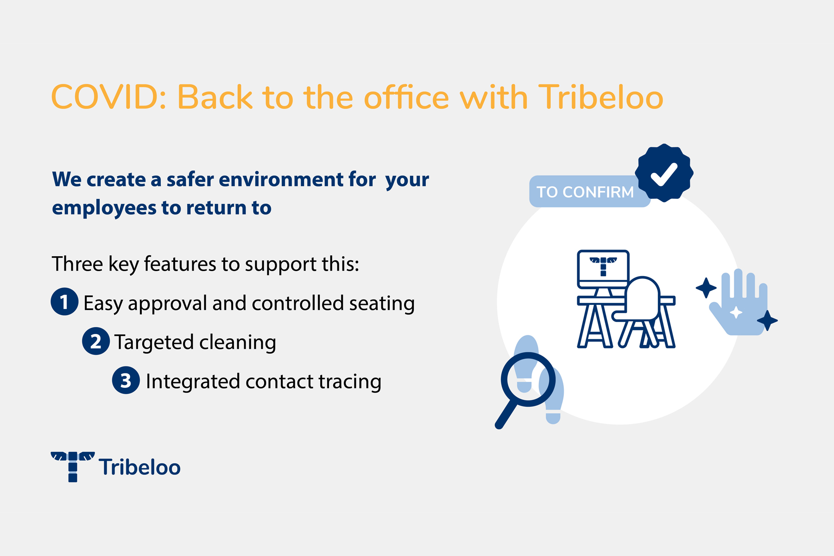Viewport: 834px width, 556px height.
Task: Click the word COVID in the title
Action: tap(108, 97)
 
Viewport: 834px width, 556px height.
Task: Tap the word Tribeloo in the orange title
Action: tap(601, 97)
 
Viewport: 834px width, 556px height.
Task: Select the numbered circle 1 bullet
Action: tap(64, 302)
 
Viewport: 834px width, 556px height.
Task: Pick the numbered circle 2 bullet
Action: tap(96, 341)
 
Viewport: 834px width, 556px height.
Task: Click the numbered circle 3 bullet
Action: tap(126, 380)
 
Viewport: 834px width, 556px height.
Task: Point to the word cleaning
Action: tap(238, 342)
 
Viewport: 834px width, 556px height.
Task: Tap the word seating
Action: tap(382, 303)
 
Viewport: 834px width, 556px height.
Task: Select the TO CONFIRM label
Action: tap(585, 192)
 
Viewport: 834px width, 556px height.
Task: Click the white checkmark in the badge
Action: tap(664, 174)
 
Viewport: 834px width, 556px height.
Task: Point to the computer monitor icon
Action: tap(603, 269)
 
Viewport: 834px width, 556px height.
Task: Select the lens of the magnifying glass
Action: tap(528, 379)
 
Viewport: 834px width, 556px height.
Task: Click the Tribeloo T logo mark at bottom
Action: tap(73, 467)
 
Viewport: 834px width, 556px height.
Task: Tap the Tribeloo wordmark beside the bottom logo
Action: tap(139, 467)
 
